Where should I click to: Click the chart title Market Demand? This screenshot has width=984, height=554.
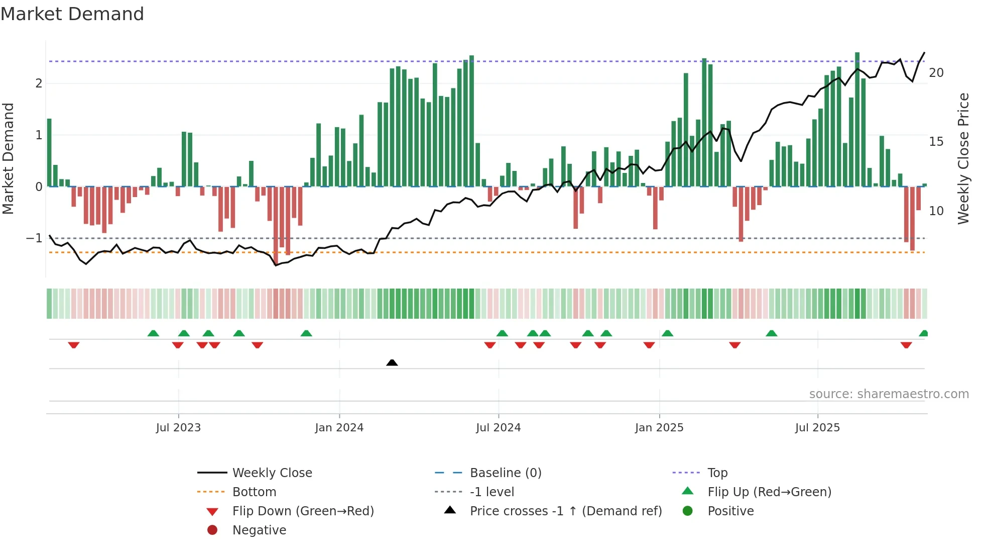(72, 14)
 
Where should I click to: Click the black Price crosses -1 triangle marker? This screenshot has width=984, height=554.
(392, 362)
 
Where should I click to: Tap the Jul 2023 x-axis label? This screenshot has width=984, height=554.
(178, 428)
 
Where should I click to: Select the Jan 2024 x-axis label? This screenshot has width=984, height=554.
(339, 428)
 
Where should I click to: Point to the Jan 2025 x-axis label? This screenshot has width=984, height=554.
(659, 428)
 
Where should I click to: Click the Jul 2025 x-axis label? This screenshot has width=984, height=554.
(817, 428)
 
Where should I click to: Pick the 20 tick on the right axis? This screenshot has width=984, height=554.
(936, 73)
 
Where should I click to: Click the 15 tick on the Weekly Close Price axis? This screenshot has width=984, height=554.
(936, 142)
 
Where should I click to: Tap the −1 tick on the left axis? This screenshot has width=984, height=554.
(35, 238)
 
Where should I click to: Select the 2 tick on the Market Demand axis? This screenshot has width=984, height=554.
(39, 83)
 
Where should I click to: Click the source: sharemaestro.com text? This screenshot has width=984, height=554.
(889, 394)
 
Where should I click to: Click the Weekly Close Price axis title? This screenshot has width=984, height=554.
(963, 158)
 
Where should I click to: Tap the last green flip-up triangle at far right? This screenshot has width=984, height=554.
(923, 333)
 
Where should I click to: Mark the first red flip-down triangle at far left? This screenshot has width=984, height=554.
(74, 345)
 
